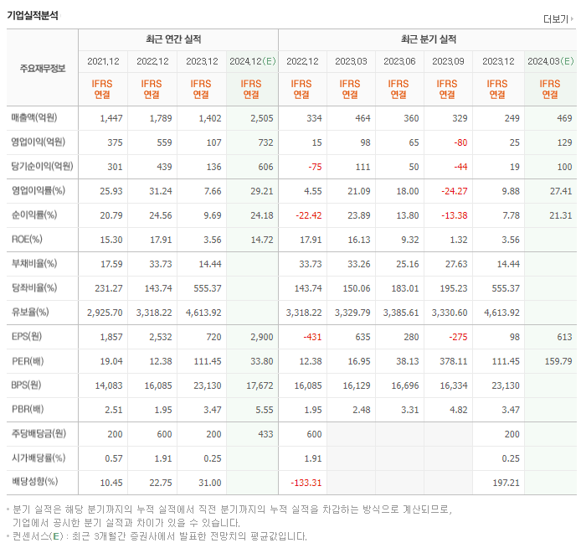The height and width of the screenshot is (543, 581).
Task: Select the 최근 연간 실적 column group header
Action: (x=177, y=39)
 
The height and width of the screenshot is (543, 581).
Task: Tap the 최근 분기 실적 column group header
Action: (x=428, y=39)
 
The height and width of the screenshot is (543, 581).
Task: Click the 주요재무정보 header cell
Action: (x=42, y=68)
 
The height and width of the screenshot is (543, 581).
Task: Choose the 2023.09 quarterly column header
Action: (x=448, y=61)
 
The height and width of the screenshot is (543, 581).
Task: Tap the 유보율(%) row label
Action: (x=31, y=313)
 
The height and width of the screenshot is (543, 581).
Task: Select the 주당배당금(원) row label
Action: (x=39, y=433)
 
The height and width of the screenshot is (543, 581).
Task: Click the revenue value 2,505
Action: (x=261, y=118)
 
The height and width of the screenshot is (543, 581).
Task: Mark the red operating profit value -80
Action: (x=460, y=142)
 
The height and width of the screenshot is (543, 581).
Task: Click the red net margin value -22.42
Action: (x=304, y=215)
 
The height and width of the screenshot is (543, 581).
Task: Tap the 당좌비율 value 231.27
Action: (x=110, y=288)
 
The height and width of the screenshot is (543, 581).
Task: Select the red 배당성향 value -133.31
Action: (x=304, y=482)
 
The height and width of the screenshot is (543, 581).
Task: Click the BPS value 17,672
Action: (x=259, y=385)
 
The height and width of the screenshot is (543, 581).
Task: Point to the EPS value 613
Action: (x=563, y=336)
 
